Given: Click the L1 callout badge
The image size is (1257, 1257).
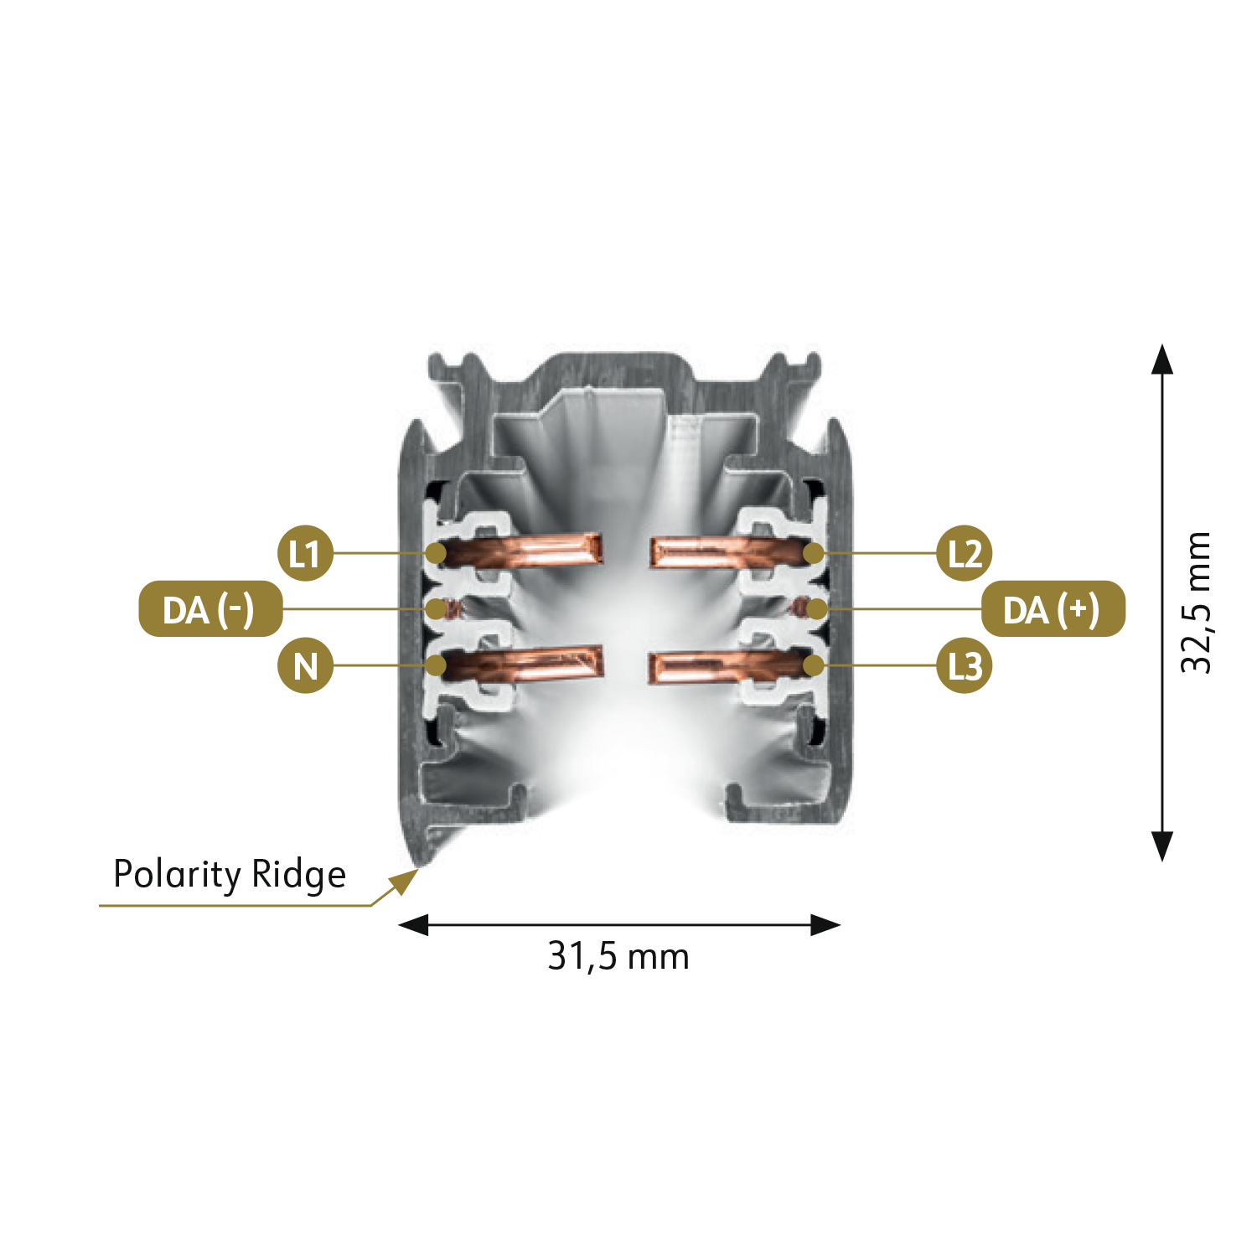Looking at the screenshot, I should point(306,554).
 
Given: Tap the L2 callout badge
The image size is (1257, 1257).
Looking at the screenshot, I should point(965,554).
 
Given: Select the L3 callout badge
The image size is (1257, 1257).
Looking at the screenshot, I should point(965,666).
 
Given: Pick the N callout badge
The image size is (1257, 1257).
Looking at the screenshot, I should point(306,666).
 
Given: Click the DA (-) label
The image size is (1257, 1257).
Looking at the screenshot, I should point(209,609).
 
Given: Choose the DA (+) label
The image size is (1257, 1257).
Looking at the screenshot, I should point(1053,609).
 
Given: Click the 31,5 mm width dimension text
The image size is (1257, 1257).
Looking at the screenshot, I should point(618,956).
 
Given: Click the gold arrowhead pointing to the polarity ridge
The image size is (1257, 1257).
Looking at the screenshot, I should point(406,880).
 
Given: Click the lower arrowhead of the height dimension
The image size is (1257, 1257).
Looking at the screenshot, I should point(1162,846).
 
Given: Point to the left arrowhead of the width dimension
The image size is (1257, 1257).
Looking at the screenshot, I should point(412,925).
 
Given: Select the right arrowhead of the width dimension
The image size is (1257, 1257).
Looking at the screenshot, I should point(826,925).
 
